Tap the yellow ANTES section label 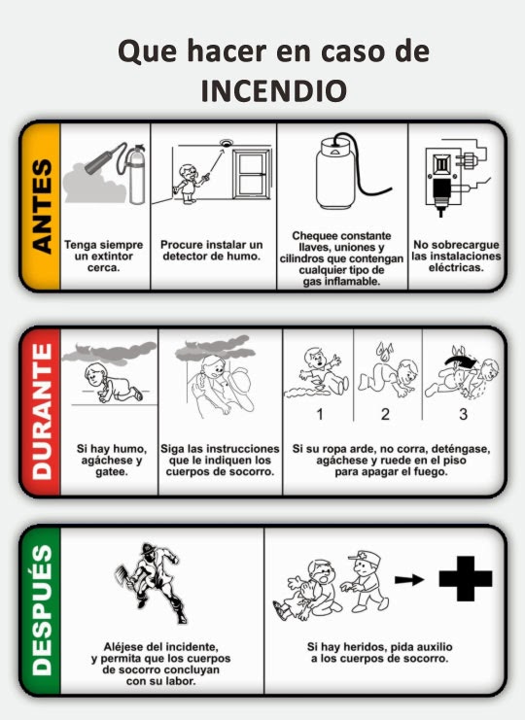39,205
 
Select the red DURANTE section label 39,412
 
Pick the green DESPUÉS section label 39,612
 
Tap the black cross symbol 466,582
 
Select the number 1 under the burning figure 319,415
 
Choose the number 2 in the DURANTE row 385,415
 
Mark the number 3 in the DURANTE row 463,415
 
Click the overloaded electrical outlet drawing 448,180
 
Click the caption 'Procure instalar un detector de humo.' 212,249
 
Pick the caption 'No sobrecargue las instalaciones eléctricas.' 456,255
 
